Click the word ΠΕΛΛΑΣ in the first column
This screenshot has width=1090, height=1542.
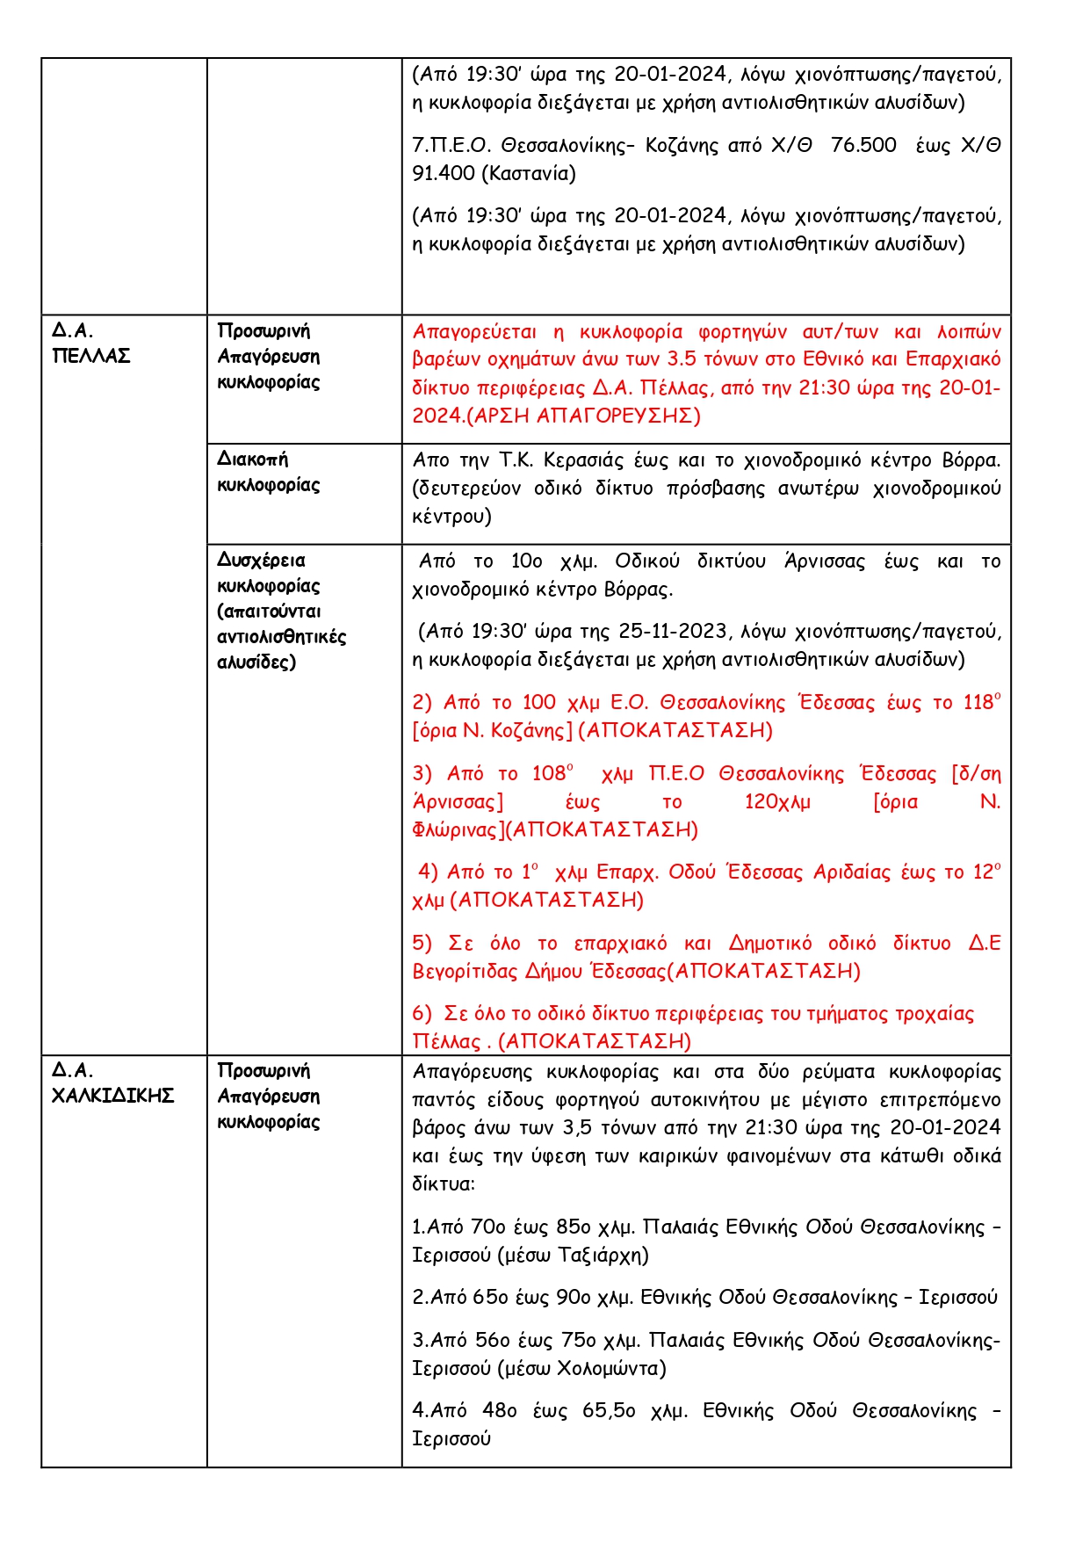point(91,356)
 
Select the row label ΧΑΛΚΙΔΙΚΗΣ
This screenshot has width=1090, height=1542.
point(113,1096)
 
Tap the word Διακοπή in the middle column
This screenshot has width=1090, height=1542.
point(253,460)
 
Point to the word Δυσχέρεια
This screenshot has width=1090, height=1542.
point(262,561)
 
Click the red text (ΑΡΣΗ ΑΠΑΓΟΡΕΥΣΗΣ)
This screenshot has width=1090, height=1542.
point(583,416)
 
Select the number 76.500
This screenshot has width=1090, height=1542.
point(863,145)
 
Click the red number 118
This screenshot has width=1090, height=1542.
point(978,703)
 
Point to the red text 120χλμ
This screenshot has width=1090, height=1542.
point(777,801)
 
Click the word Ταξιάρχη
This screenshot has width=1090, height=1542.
point(603,1255)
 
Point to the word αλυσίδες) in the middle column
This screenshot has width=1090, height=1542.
point(256,662)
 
